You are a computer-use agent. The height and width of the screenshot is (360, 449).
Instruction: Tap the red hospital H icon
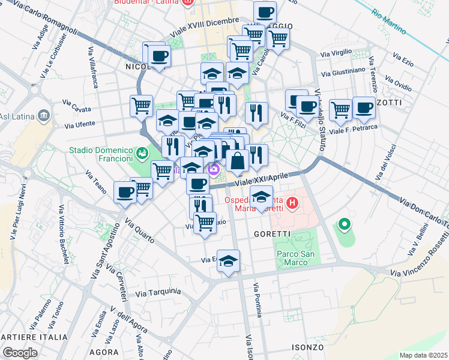pyautogui.click(x=292, y=203)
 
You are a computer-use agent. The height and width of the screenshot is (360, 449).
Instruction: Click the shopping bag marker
pyautogui.click(x=238, y=161)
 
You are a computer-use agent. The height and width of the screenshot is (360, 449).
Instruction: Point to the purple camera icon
pyautogui.click(x=213, y=171)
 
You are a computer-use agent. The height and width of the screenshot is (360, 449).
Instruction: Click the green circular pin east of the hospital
pyautogui.click(x=344, y=226)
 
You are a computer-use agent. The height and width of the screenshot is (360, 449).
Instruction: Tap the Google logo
pyautogui.click(x=20, y=353)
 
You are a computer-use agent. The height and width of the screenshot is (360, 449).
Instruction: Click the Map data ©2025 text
pyautogui.click(x=423, y=355)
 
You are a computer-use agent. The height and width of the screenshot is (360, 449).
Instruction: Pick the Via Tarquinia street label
pyautogui.click(x=158, y=292)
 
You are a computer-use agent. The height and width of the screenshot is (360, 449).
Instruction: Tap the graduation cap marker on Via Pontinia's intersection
pyautogui.click(x=228, y=261)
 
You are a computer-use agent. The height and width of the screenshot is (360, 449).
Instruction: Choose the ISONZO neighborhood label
pyautogui.click(x=308, y=347)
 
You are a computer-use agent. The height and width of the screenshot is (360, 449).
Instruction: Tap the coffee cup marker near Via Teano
pyautogui.click(x=125, y=193)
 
